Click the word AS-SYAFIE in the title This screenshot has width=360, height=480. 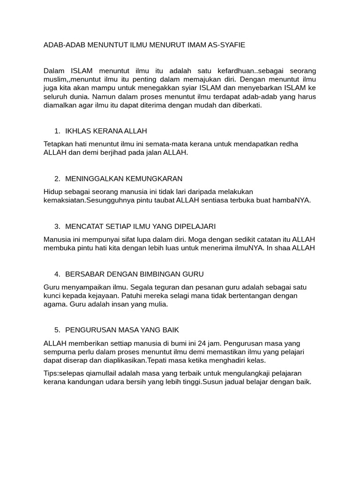click(x=225, y=45)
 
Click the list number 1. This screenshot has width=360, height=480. click(x=57, y=130)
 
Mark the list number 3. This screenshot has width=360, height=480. click(x=57, y=226)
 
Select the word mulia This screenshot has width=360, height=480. click(x=157, y=304)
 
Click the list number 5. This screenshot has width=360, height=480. click(x=57, y=330)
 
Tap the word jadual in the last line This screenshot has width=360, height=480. click(x=236, y=382)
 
